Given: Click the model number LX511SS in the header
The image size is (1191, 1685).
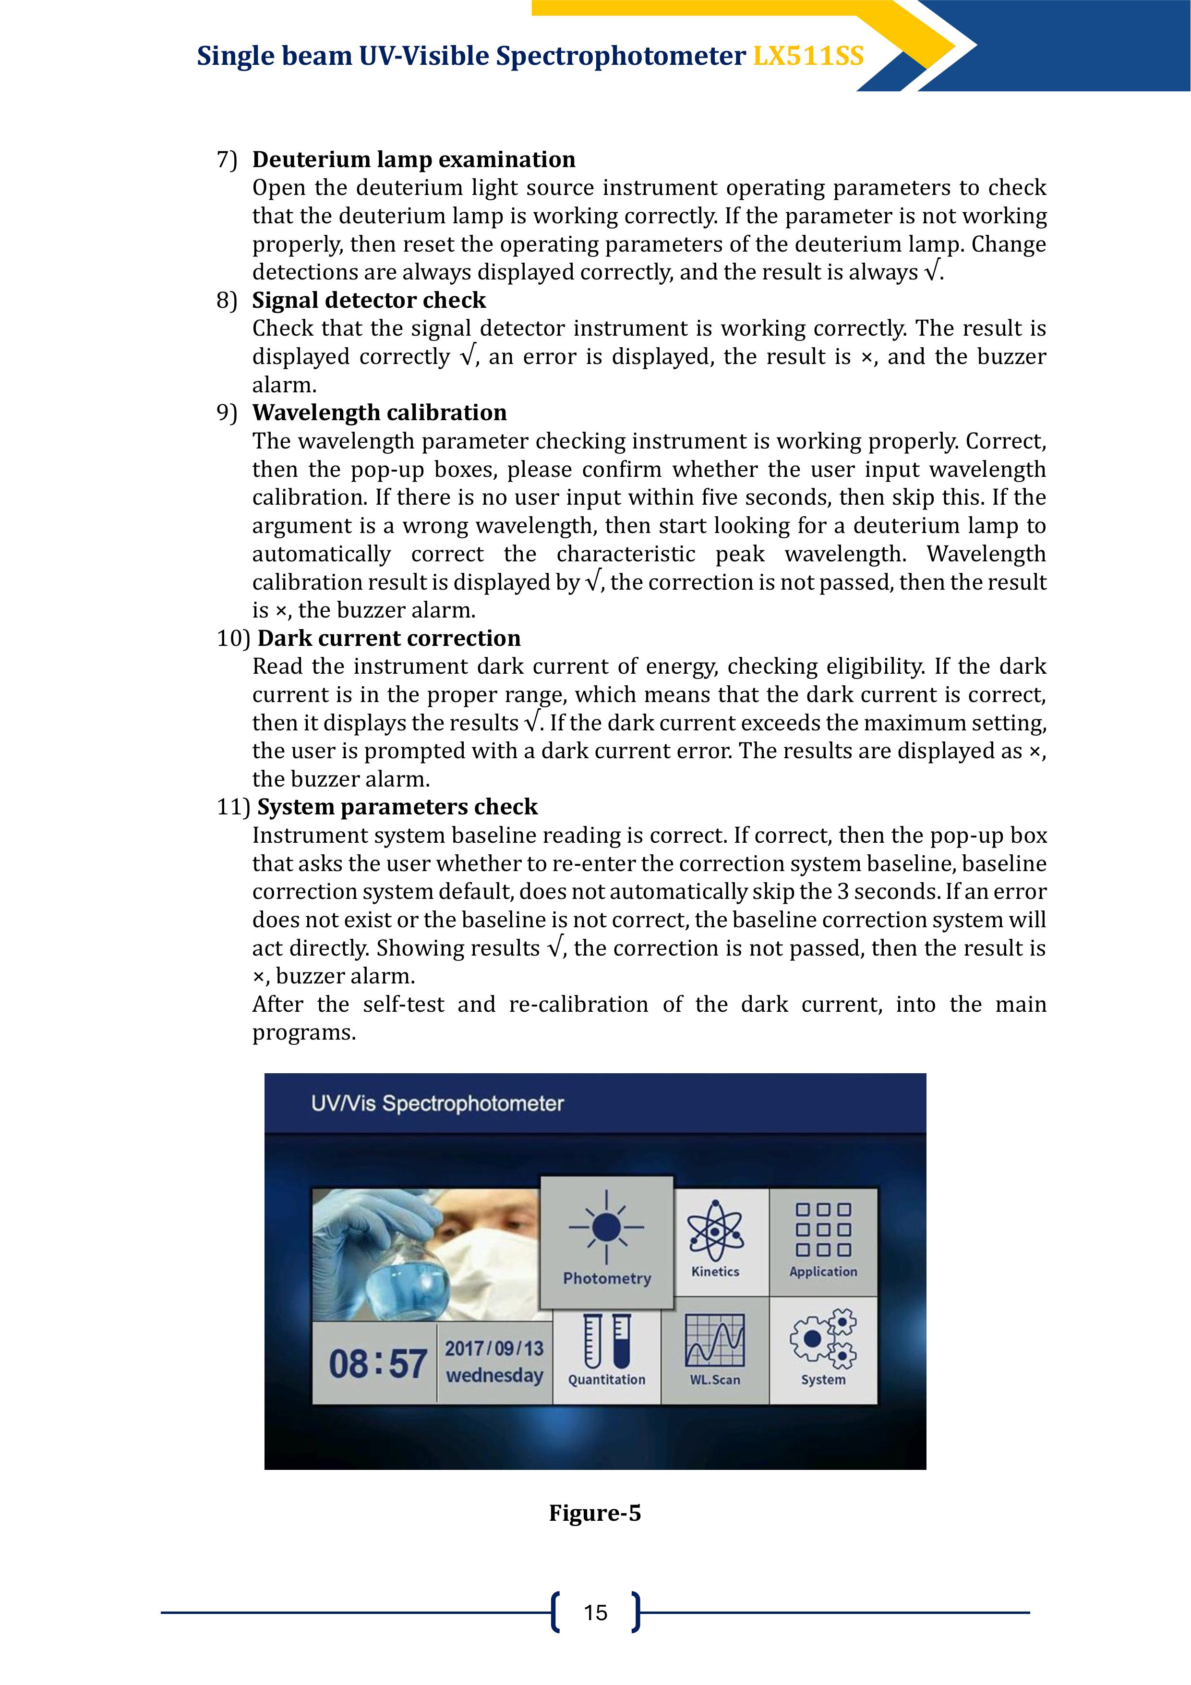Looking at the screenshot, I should click(x=808, y=57).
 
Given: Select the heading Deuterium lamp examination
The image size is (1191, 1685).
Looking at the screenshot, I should click(x=413, y=159).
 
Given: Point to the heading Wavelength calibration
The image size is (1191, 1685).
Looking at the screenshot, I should click(x=379, y=412).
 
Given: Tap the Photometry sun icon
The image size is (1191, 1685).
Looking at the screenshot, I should click(x=606, y=1226).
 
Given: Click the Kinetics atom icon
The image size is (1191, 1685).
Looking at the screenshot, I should click(x=715, y=1229).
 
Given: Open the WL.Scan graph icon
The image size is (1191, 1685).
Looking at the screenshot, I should click(x=715, y=1340).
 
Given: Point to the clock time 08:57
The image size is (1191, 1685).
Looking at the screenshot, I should click(x=377, y=1364).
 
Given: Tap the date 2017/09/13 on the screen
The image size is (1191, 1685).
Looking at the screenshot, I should click(x=494, y=1348).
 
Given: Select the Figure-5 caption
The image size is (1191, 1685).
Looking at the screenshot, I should click(x=594, y=1513).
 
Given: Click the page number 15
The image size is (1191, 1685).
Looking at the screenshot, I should click(x=595, y=1612).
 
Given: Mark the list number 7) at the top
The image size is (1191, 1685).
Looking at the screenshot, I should click(x=227, y=160).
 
